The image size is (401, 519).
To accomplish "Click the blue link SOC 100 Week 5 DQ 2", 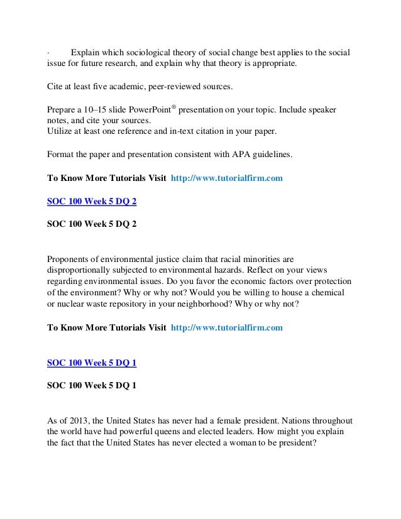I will click(x=92, y=202).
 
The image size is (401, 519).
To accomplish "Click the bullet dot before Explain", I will click(x=48, y=52).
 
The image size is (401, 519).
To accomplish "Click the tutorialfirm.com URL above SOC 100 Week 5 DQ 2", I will click(x=226, y=178).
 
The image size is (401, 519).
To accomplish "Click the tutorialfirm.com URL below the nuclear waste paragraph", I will click(x=226, y=327).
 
